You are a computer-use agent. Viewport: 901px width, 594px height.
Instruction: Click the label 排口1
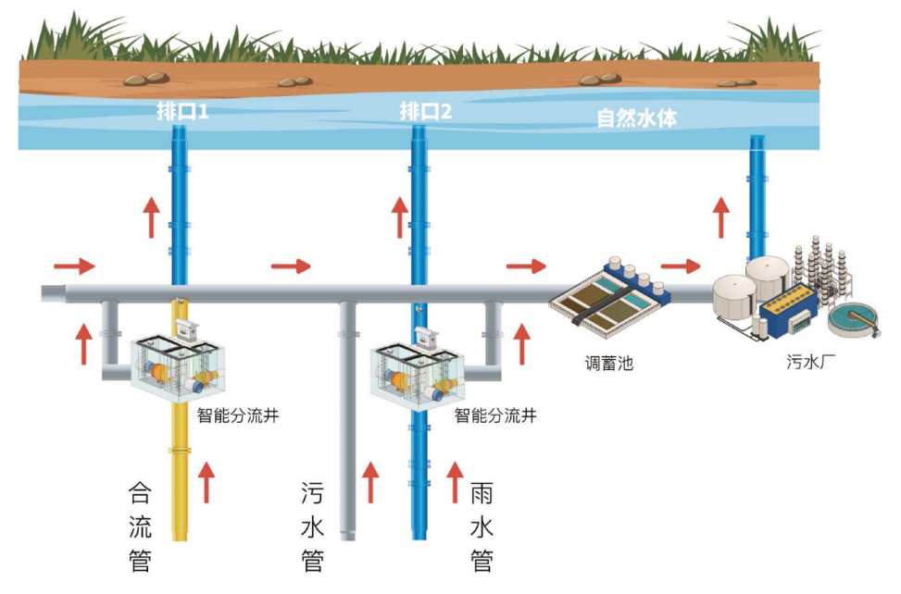181,114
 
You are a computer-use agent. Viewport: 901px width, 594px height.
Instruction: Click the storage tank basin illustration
609,294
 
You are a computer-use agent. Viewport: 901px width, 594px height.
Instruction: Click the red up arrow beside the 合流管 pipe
207,482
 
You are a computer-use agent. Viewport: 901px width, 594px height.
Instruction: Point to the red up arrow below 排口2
399,217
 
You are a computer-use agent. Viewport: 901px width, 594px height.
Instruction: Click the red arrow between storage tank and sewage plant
679,266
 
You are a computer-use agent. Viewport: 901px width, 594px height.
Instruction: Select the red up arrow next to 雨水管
456,482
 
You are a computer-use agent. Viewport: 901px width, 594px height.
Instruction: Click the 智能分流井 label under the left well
238,415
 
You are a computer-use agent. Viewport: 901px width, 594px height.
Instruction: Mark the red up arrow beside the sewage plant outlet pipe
721,217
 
